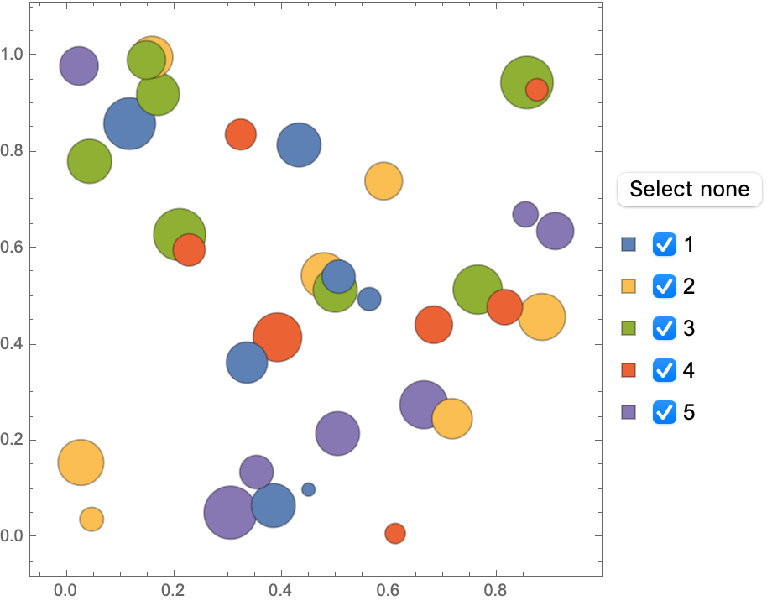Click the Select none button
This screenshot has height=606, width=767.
(689, 189)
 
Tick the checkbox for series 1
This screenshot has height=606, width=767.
(665, 244)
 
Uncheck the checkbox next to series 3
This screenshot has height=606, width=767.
(665, 328)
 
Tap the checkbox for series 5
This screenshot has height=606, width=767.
(665, 412)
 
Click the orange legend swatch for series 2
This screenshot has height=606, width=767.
(629, 286)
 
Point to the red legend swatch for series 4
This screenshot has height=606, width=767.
(629, 370)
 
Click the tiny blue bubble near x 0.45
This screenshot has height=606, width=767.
(308, 489)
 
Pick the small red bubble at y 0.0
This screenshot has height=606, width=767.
(395, 533)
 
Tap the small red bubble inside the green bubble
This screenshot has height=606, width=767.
(536, 89)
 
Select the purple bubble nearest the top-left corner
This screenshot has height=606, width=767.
(79, 65)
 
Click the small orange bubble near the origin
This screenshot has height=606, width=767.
(91, 519)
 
